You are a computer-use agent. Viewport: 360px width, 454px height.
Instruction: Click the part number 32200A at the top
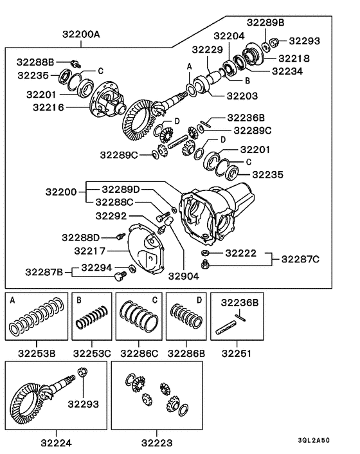[81, 34]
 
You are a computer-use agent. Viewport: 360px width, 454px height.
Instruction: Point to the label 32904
[184, 278]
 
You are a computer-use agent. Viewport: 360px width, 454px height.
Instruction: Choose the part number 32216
[51, 107]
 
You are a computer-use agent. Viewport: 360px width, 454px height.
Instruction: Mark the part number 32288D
[82, 237]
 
